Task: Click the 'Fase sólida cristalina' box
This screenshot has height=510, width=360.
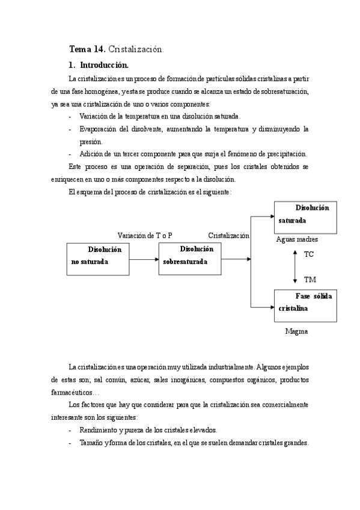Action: coord(305,304)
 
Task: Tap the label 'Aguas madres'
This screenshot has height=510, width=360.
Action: coord(297,239)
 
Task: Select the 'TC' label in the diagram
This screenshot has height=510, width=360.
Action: coord(309,254)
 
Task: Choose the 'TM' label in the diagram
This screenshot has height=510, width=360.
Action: coord(310,280)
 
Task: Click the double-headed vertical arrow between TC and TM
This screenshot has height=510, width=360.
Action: coord(294,268)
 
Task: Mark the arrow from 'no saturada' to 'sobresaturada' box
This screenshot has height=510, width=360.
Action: coord(144,259)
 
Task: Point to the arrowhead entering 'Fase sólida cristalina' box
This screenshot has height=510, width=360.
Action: coord(271,307)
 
